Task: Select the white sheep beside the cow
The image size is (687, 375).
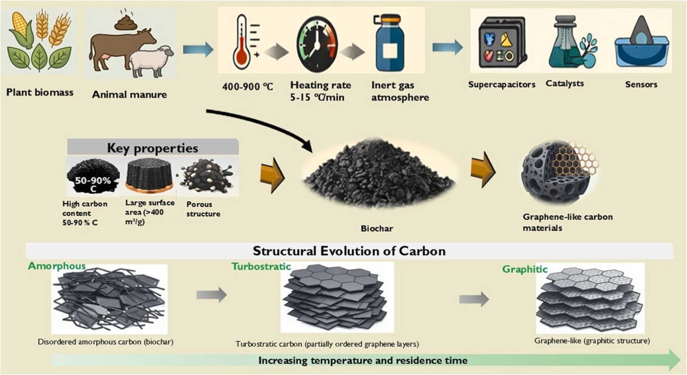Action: click(x=151, y=61)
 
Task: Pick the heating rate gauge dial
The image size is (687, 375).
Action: click(x=317, y=44)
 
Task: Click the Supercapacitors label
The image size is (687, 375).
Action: click(x=502, y=84)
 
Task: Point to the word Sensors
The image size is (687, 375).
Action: click(x=641, y=84)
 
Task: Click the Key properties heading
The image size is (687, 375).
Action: click(x=152, y=148)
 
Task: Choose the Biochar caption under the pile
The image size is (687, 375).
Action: click(x=377, y=228)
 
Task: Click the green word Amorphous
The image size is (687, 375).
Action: click(x=57, y=266)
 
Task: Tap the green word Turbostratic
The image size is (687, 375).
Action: click(x=261, y=267)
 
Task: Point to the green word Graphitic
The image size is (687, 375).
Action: click(x=525, y=269)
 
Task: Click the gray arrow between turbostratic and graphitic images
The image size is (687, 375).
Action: click(x=474, y=299)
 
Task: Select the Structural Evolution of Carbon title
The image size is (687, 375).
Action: click(x=349, y=251)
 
